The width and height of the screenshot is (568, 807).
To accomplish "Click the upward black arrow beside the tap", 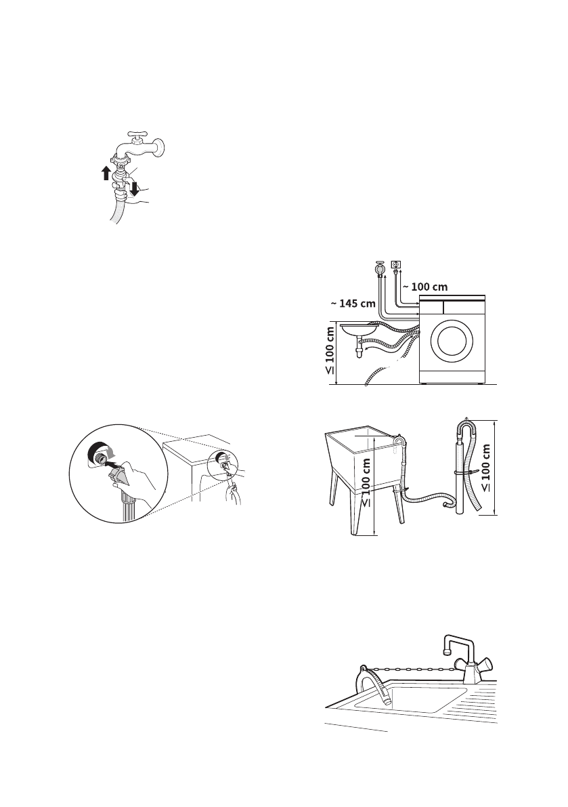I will [x=106, y=172].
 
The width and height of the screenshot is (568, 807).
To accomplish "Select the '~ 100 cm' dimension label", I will [x=424, y=287].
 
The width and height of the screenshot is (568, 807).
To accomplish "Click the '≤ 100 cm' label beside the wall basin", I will [x=330, y=351].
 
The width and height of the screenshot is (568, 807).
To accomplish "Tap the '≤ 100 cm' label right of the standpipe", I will [x=487, y=467].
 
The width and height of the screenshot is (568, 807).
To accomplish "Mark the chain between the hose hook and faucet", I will [x=413, y=668].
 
